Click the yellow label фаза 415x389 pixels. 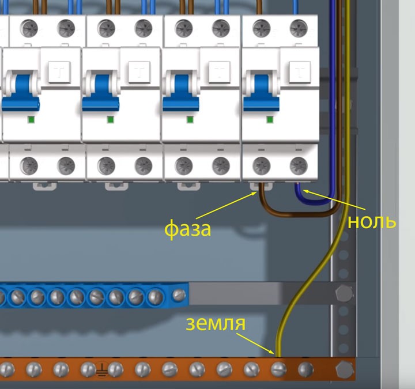[x=187, y=229]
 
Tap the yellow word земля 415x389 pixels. [x=216, y=324]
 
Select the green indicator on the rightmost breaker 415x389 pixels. [x=269, y=119]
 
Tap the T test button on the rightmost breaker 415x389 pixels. [x=299, y=72]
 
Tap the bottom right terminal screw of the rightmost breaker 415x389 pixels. [x=299, y=165]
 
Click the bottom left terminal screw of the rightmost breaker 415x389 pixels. [x=261, y=165]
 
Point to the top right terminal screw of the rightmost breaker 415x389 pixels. [x=299, y=27]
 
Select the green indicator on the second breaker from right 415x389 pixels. [x=189, y=119]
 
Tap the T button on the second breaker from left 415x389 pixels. [x=139, y=72]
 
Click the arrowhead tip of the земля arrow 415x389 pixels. [x=275, y=353]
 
